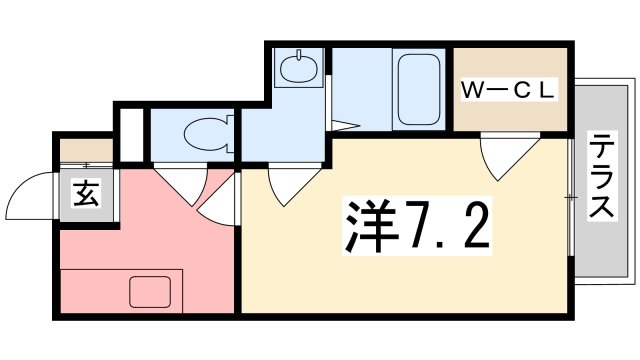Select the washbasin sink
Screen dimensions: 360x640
(297, 69)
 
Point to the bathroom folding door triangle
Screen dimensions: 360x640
(343, 125)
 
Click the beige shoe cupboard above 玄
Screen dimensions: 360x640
(87, 150)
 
